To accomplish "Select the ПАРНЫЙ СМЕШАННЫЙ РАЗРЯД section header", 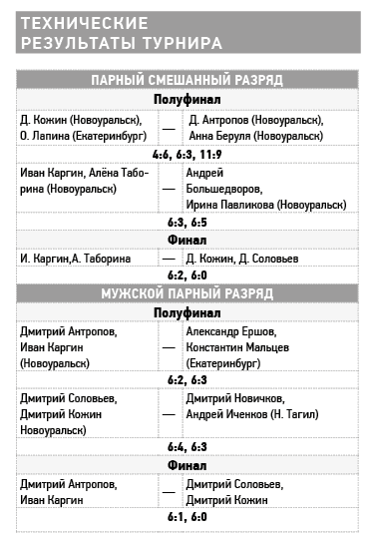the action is (x=188, y=80).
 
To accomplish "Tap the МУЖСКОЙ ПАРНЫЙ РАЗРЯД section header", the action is (x=188, y=294).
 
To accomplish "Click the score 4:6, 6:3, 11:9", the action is (x=188, y=155).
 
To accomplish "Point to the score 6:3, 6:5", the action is (x=188, y=222).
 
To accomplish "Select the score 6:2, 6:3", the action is (x=188, y=380).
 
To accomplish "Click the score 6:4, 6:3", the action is (x=188, y=446).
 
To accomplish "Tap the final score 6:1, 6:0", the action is (x=188, y=517).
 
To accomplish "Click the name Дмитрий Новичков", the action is (x=235, y=398).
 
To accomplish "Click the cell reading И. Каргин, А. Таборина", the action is (x=76, y=258).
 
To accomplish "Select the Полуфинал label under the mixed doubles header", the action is (x=188, y=99).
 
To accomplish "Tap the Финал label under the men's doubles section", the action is (x=188, y=465).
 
